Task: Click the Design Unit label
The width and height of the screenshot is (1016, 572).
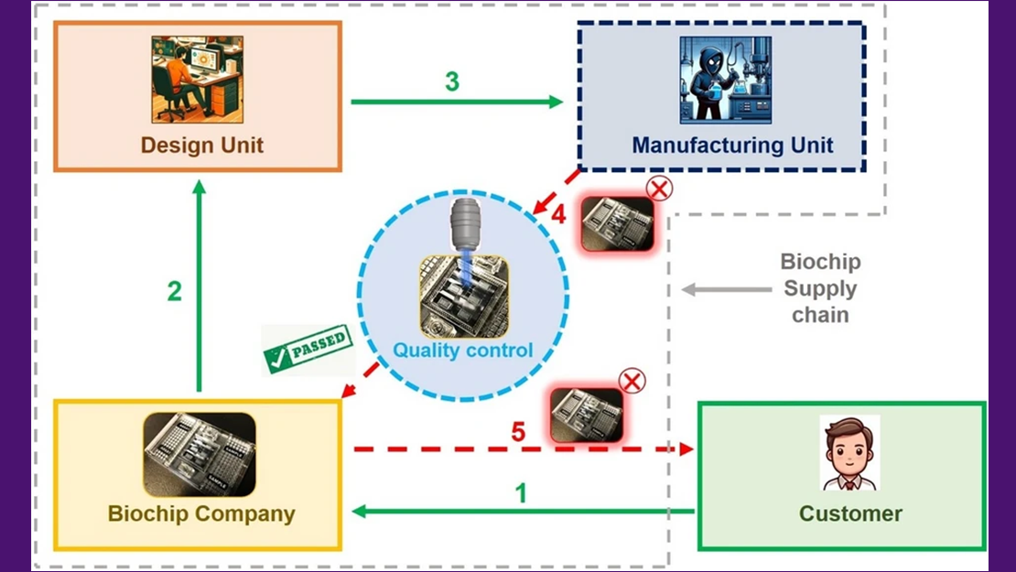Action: coord(201,145)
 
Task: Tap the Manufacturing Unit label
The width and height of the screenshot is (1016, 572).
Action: coord(732,145)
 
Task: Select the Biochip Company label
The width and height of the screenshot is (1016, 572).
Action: coord(201,513)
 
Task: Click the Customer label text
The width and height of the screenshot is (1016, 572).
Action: coord(850,513)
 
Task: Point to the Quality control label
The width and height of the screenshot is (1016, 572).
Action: coord(462,350)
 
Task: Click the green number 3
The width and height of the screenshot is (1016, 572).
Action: coord(452,81)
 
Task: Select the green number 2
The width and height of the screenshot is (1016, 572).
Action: coord(174,291)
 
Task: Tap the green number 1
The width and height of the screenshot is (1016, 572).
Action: coord(521,494)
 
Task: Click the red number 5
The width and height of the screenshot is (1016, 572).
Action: coord(518,430)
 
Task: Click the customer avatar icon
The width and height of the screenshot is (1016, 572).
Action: coord(849,454)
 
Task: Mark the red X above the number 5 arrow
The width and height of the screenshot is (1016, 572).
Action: coord(632,381)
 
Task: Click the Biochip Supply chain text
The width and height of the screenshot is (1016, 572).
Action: coord(820,288)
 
